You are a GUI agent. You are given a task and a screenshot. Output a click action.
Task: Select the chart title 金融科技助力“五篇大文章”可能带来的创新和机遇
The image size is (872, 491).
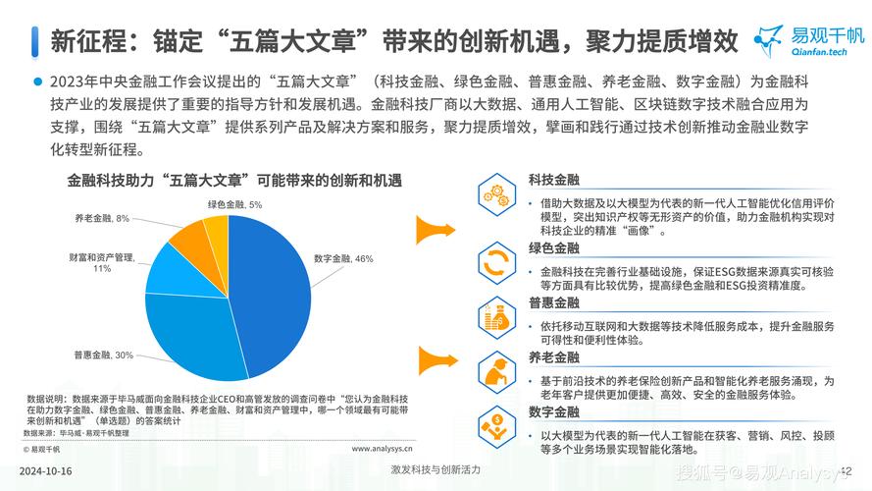(x=234, y=181)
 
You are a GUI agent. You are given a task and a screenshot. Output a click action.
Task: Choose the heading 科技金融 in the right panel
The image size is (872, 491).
(x=553, y=181)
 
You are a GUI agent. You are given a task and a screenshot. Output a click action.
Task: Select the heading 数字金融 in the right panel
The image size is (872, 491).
(x=553, y=411)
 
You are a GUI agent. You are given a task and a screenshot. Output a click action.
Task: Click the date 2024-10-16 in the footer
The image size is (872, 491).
(x=44, y=469)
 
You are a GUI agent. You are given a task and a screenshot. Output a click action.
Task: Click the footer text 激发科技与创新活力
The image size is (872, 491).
(x=436, y=469)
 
